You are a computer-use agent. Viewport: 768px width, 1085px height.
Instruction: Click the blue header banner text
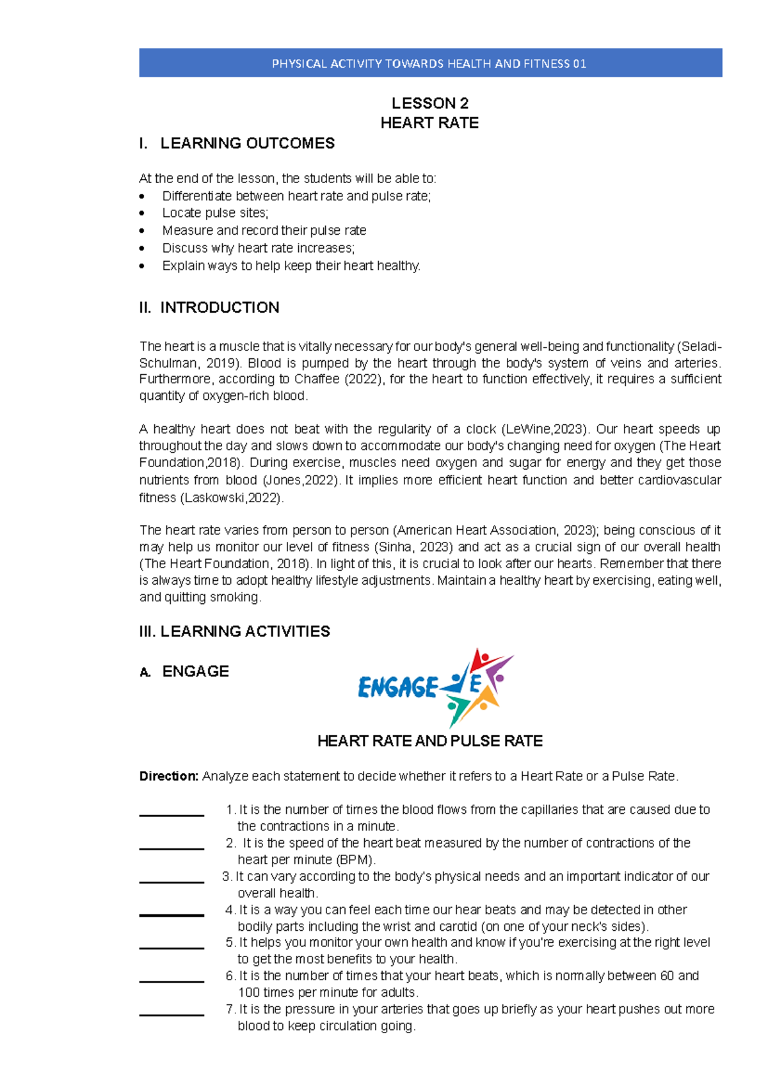pyautogui.click(x=429, y=63)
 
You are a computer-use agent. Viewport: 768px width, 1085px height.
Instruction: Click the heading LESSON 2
pyautogui.click(x=430, y=103)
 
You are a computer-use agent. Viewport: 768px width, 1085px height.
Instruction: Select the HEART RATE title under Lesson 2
pyautogui.click(x=429, y=123)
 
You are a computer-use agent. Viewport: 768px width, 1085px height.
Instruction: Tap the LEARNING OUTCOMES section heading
pyautogui.click(x=246, y=143)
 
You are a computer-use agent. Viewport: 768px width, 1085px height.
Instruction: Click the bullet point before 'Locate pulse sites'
pyautogui.click(x=142, y=214)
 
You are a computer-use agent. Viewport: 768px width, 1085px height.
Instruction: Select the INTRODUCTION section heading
pyautogui.click(x=219, y=308)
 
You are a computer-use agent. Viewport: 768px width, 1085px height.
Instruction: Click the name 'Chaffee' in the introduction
pyautogui.click(x=317, y=379)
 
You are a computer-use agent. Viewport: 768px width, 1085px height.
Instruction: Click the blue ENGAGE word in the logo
pyautogui.click(x=397, y=688)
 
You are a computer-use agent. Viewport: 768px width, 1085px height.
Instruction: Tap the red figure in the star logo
pyautogui.click(x=481, y=660)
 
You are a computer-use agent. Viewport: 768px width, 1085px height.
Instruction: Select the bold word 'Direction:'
pyautogui.click(x=169, y=777)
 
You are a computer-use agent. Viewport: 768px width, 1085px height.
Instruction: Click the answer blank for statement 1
pyautogui.click(x=172, y=814)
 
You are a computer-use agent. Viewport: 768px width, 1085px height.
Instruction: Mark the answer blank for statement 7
pyautogui.click(x=172, y=1013)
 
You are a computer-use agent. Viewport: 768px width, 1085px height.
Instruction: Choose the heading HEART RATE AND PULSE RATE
pyautogui.click(x=430, y=741)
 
